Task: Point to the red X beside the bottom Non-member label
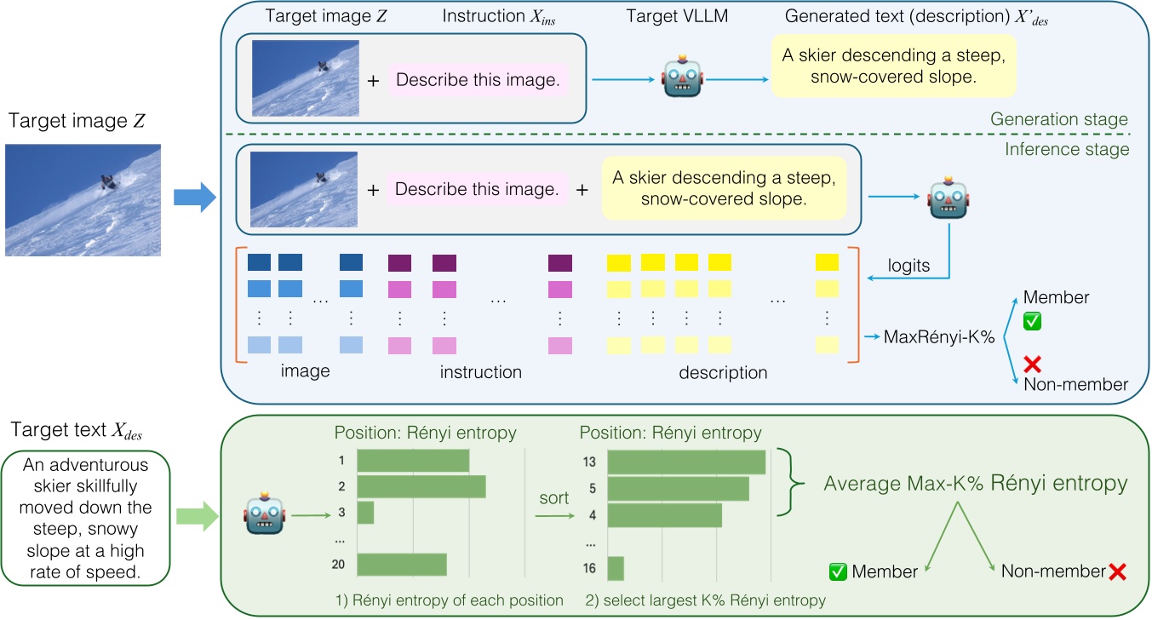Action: pyautogui.click(x=1116, y=571)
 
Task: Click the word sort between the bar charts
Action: pyautogui.click(x=553, y=498)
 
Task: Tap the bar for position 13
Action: pyautogui.click(x=686, y=462)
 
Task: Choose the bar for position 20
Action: pyautogui.click(x=402, y=564)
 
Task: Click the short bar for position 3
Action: pyautogui.click(x=365, y=513)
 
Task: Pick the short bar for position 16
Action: pyautogui.click(x=615, y=568)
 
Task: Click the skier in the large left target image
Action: pyautogui.click(x=108, y=181)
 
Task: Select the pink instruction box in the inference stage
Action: pyautogui.click(x=477, y=190)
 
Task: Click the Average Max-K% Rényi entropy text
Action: pyautogui.click(x=975, y=484)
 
